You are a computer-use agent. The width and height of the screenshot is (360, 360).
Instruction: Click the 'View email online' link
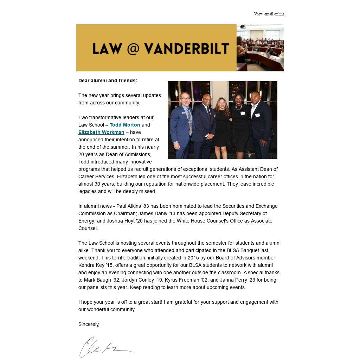click(269, 14)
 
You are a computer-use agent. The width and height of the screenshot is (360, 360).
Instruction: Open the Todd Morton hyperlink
click(125, 125)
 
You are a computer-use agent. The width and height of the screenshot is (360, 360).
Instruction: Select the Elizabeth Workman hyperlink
click(101, 132)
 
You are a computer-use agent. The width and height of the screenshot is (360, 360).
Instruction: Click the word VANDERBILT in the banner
click(186, 49)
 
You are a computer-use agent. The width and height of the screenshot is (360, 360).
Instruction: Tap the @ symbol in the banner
click(133, 49)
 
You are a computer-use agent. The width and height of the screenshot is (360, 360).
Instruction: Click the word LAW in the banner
click(107, 49)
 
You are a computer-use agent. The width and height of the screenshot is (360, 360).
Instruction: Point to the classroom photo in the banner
click(260, 48)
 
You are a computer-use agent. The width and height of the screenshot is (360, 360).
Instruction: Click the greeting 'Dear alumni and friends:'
click(108, 81)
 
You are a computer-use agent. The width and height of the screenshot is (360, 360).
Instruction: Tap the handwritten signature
click(105, 347)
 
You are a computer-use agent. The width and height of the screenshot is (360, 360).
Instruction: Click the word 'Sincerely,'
click(89, 324)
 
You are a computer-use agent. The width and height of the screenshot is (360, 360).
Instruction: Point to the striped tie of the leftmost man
click(189, 121)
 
